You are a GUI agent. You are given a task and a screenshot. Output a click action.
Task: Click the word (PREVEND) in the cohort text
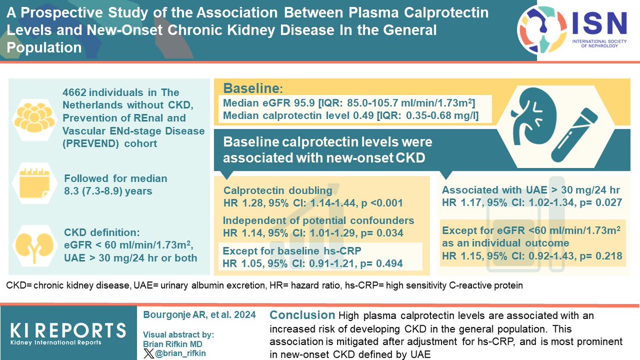(90, 144)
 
